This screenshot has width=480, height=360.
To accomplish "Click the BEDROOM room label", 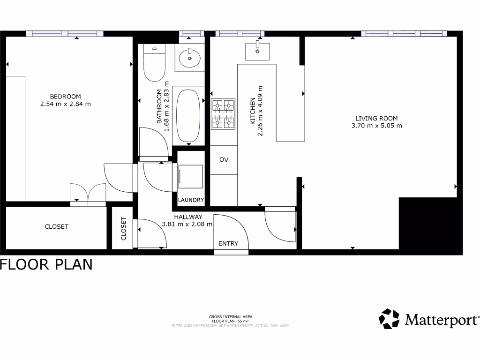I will click(66, 97).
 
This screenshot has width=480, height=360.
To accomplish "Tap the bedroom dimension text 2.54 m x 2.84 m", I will click(66, 104).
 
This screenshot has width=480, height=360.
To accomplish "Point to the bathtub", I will click(188, 115).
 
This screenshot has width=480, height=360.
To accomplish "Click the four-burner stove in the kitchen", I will click(223, 114).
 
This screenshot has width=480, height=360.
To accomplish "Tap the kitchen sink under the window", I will click(257, 51).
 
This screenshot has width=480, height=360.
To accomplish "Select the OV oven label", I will click(224, 160).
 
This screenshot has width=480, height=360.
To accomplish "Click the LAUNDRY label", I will click(191, 200).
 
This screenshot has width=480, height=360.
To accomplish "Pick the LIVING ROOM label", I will click(376, 118).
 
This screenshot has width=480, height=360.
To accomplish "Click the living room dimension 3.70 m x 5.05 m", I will click(376, 126).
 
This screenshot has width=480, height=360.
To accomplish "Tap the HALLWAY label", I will click(188, 217).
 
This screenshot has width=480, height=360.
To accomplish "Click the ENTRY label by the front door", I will click(228, 243).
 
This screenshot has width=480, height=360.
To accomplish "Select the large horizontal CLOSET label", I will click(56, 226).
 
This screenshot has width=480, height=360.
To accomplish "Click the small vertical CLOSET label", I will click(124, 228).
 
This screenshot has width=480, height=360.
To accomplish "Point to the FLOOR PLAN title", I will click(46, 265).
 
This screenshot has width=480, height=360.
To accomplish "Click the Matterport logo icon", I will click(389, 319).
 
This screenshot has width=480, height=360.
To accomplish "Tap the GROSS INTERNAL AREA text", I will click(230, 317).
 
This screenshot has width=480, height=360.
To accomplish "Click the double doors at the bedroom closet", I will click(88, 193).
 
